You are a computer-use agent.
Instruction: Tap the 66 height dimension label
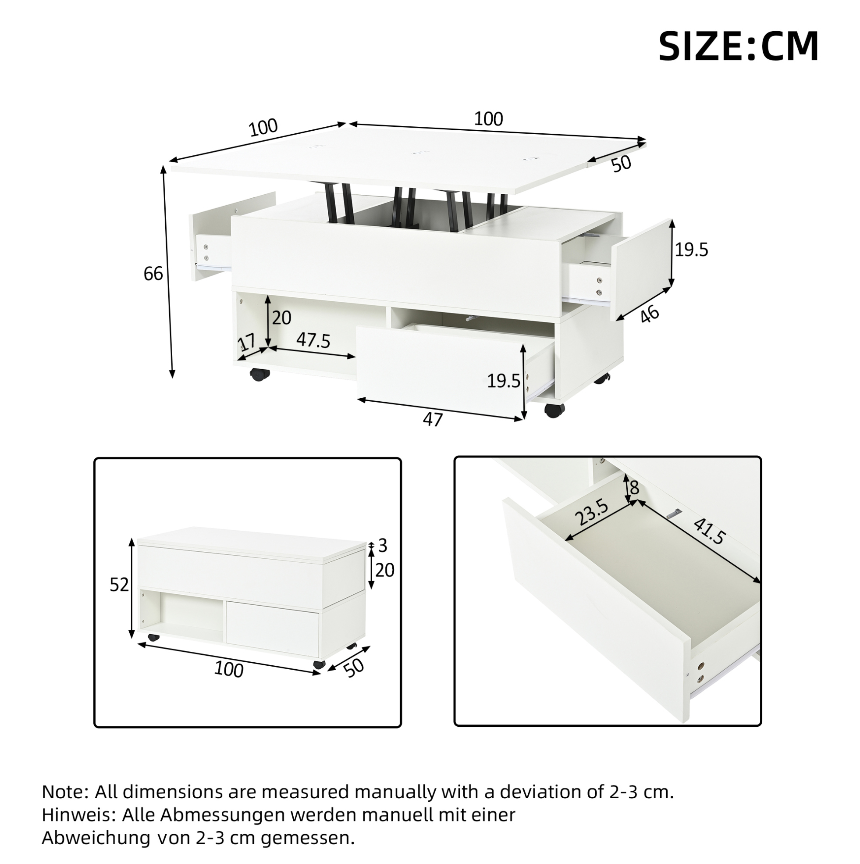[153, 274]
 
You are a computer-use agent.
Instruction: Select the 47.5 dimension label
[313, 341]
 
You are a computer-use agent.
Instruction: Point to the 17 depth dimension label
[247, 343]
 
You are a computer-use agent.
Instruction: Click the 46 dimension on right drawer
[650, 314]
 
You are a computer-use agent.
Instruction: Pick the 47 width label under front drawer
[432, 419]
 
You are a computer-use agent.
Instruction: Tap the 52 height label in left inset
[119, 585]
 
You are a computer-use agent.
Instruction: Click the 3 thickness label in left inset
[383, 546]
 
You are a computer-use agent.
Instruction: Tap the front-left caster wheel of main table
[258, 374]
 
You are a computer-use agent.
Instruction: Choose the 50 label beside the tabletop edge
[621, 163]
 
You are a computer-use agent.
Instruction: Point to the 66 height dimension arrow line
[168, 272]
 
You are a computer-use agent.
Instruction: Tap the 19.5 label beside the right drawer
[691, 250]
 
